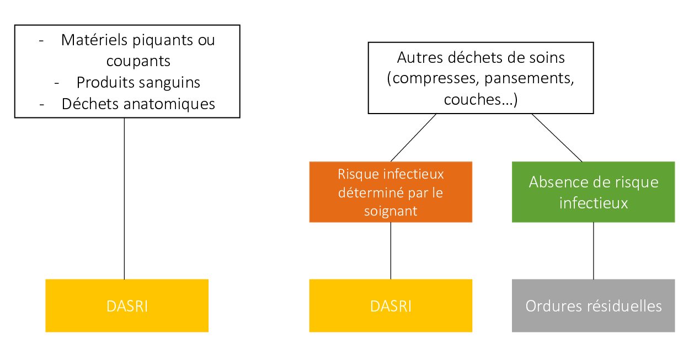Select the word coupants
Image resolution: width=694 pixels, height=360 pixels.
[138, 61]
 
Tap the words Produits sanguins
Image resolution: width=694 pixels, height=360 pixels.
[138, 82]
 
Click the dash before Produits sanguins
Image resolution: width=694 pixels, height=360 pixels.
[56, 83]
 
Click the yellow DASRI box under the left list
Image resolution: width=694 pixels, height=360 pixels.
[127, 305]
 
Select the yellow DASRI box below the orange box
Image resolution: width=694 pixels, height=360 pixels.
[391, 305]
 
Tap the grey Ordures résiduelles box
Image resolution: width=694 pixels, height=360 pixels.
[593, 305]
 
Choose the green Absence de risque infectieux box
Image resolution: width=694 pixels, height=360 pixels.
[593, 192]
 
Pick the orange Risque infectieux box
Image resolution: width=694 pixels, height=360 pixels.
[391, 192]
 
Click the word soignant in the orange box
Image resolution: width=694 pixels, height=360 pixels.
[391, 211]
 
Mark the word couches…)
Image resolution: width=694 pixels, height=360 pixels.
[481, 100]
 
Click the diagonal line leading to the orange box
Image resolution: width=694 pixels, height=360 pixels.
[413, 138]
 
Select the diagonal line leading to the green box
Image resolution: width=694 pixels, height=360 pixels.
[557, 138]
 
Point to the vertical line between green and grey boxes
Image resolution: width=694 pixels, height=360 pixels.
[593, 251]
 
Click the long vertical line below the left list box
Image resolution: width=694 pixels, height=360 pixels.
[124, 198]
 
